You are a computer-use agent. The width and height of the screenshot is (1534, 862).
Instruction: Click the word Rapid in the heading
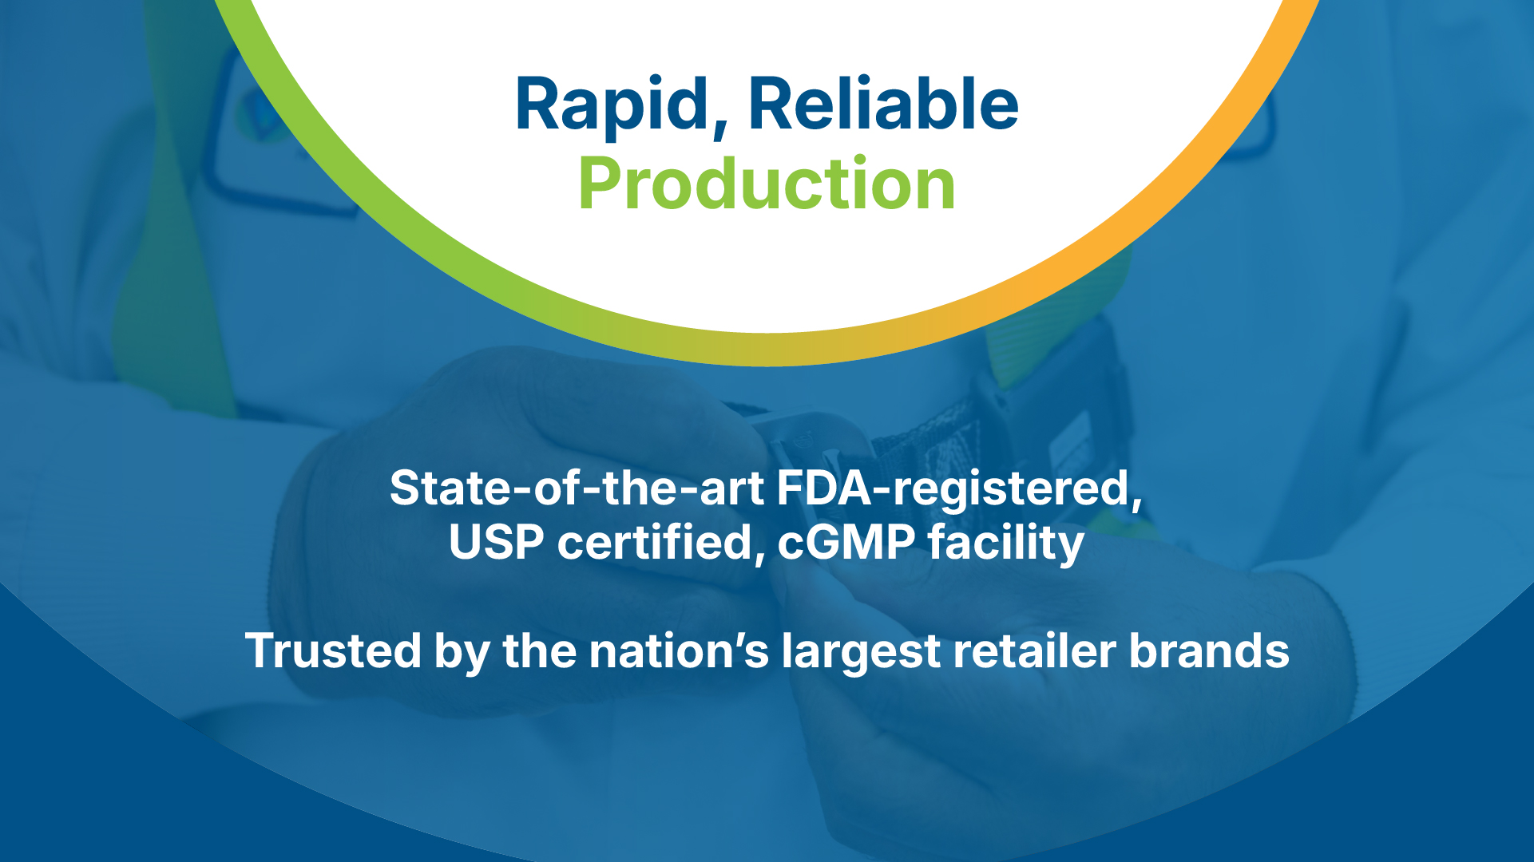(x=612, y=106)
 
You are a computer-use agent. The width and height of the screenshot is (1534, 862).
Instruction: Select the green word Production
(x=767, y=184)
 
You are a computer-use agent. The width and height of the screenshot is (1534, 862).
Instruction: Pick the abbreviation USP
(x=496, y=542)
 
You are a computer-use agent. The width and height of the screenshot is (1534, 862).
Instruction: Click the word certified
(x=654, y=542)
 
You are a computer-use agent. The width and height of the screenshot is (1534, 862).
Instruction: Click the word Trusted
(x=333, y=650)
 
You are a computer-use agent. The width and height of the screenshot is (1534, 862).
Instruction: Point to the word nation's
(x=679, y=650)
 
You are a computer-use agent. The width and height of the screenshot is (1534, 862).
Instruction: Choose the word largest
(x=861, y=654)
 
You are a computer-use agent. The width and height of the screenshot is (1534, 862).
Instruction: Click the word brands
(x=1209, y=650)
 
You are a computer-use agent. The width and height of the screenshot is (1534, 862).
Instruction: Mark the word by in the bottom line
(x=462, y=654)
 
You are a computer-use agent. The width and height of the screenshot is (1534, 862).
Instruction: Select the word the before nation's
(x=539, y=650)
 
